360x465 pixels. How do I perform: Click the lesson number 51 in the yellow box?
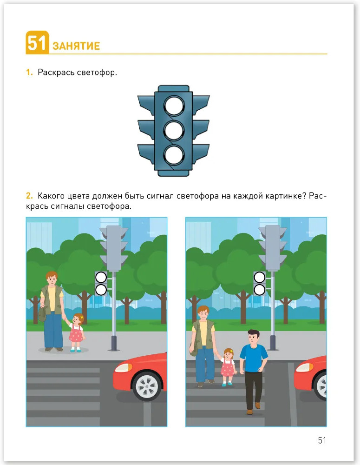click(37, 43)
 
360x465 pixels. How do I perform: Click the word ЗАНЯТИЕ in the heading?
click(76, 46)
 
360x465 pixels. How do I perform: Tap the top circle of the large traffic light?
click(174, 106)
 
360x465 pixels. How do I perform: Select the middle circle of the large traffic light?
click(174, 130)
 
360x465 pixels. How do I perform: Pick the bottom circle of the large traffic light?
click(174, 155)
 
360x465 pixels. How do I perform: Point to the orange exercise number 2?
click(29, 196)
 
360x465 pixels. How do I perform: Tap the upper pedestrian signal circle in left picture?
click(101, 278)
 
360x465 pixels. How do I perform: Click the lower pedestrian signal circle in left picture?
click(101, 290)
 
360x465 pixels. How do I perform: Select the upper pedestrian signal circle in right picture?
click(260, 278)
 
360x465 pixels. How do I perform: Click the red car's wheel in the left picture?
click(147, 385)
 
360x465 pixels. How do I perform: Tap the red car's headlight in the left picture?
click(123, 368)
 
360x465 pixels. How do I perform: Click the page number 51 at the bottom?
click(322, 440)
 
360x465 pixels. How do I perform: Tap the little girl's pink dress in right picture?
click(228, 368)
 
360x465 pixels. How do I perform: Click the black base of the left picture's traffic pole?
click(114, 344)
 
